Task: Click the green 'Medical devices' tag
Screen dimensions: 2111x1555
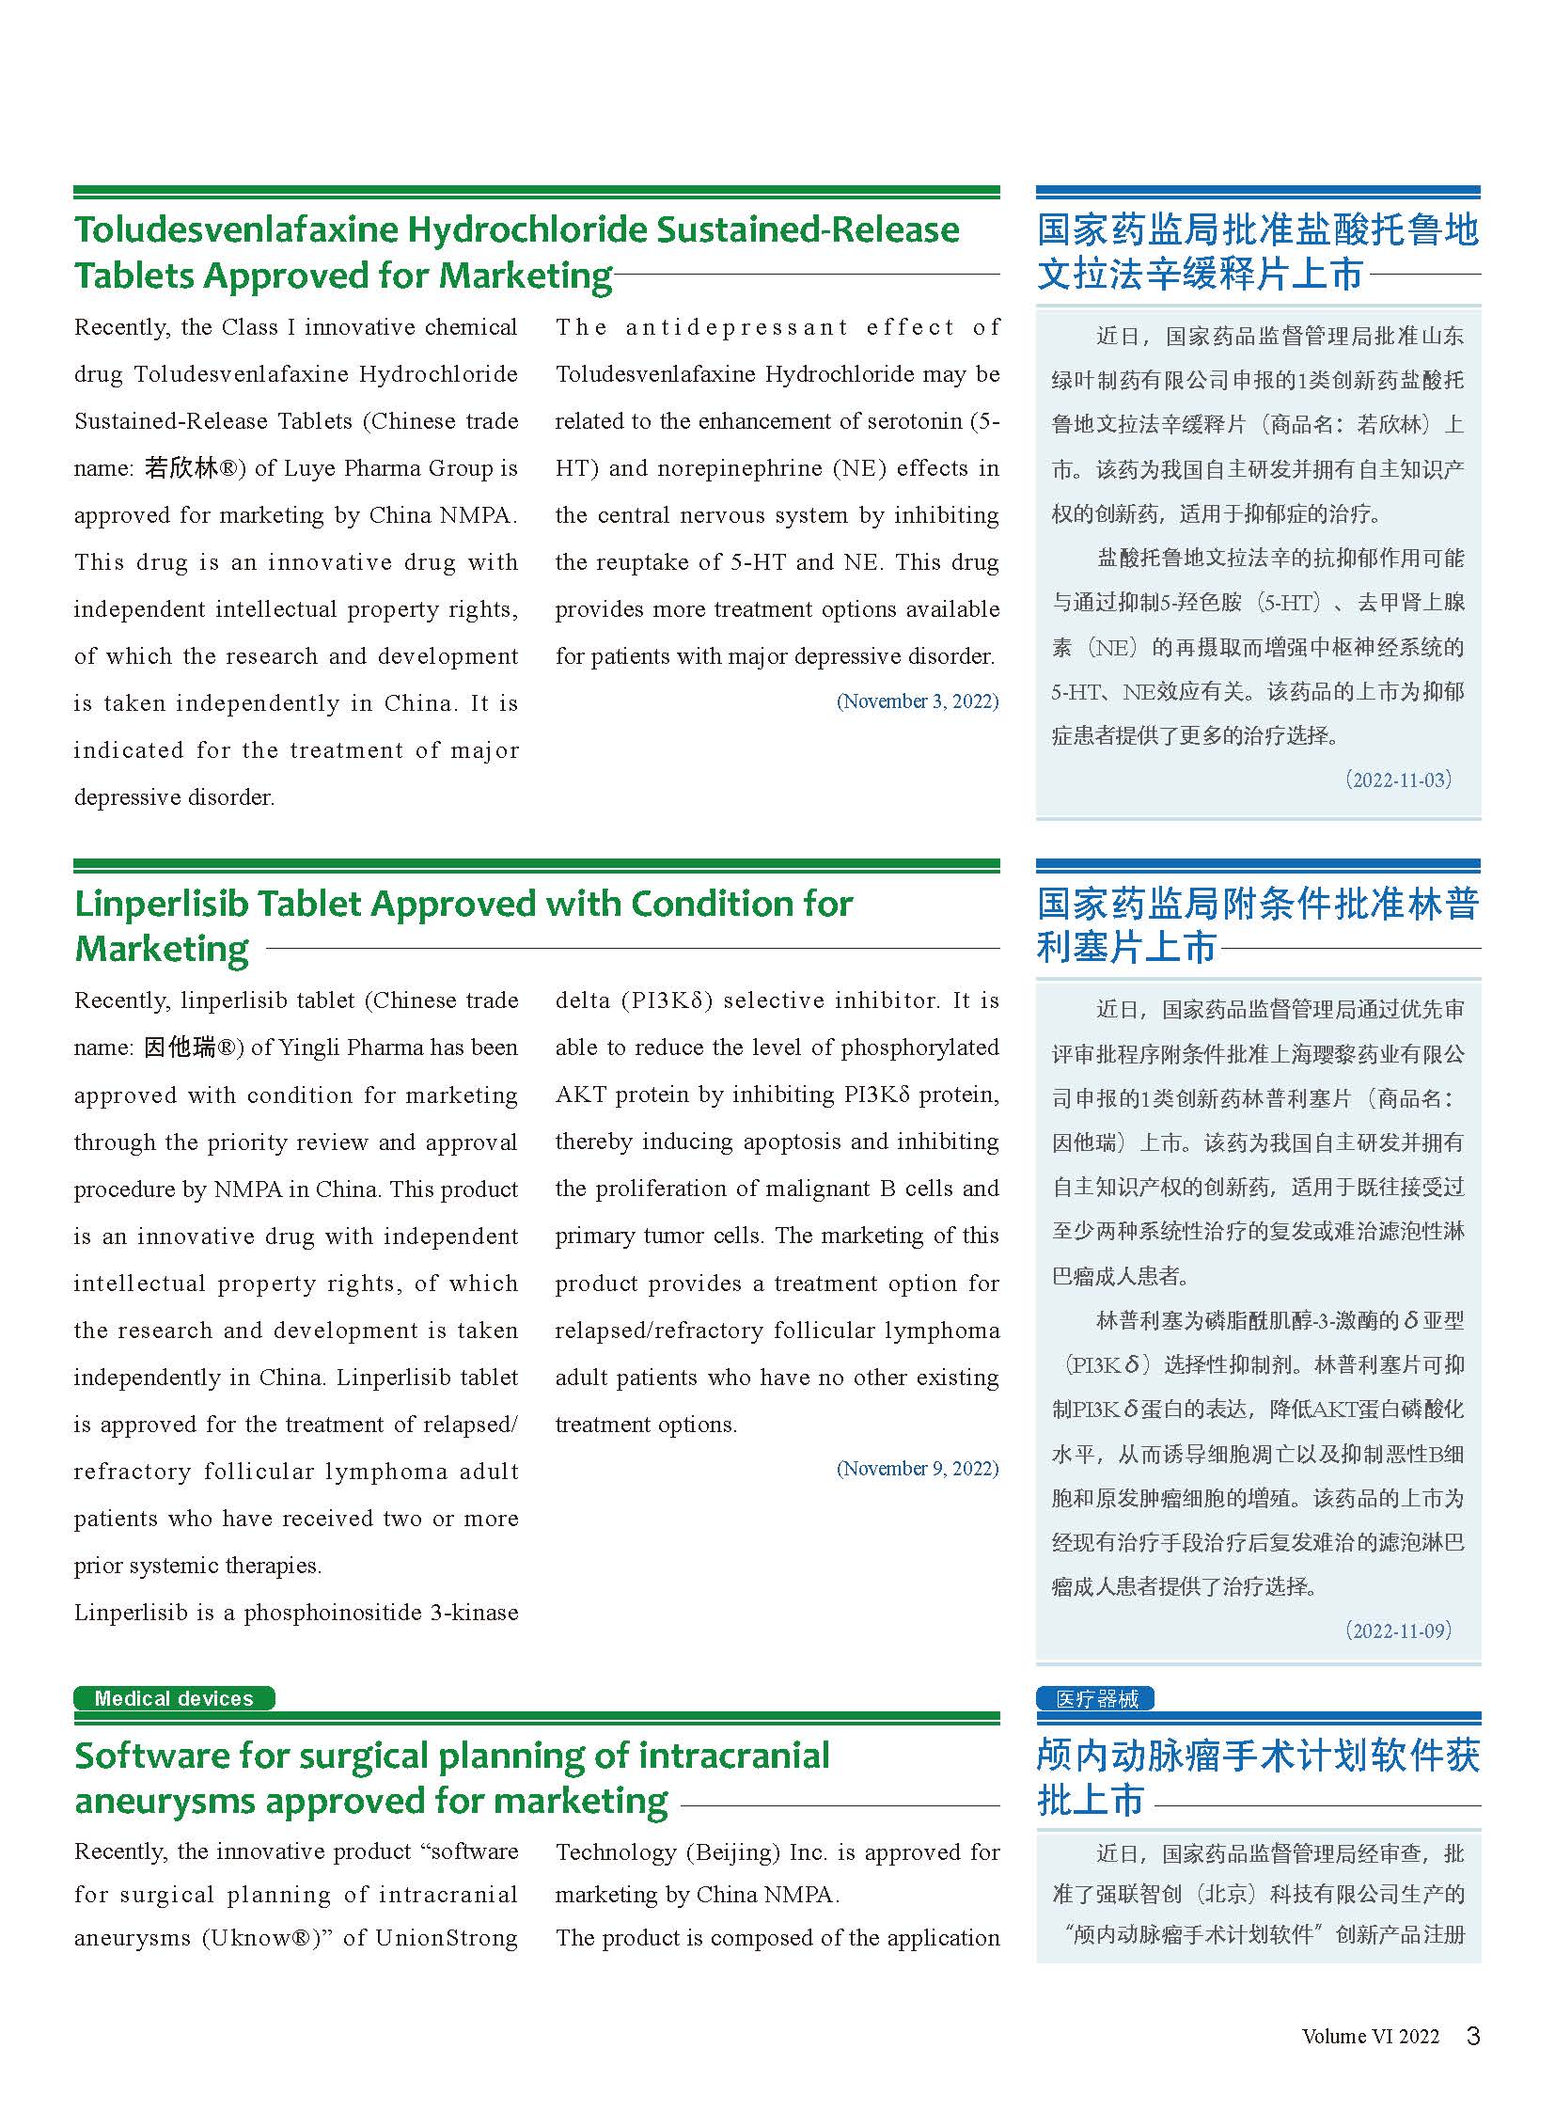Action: point(174,1698)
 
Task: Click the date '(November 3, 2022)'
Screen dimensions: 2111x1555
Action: point(918,701)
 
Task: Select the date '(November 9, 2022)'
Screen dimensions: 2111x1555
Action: point(918,1469)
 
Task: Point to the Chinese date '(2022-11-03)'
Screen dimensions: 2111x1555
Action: point(1398,780)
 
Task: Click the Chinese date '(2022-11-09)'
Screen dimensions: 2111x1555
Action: point(1398,1631)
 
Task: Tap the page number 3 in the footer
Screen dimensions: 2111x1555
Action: point(1473,2036)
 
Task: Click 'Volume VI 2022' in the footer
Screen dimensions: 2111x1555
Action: point(1371,2037)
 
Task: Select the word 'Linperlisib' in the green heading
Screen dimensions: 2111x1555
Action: point(160,904)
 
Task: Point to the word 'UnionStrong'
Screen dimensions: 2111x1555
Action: point(447,1938)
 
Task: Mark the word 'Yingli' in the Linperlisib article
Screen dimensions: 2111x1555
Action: point(378,1047)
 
